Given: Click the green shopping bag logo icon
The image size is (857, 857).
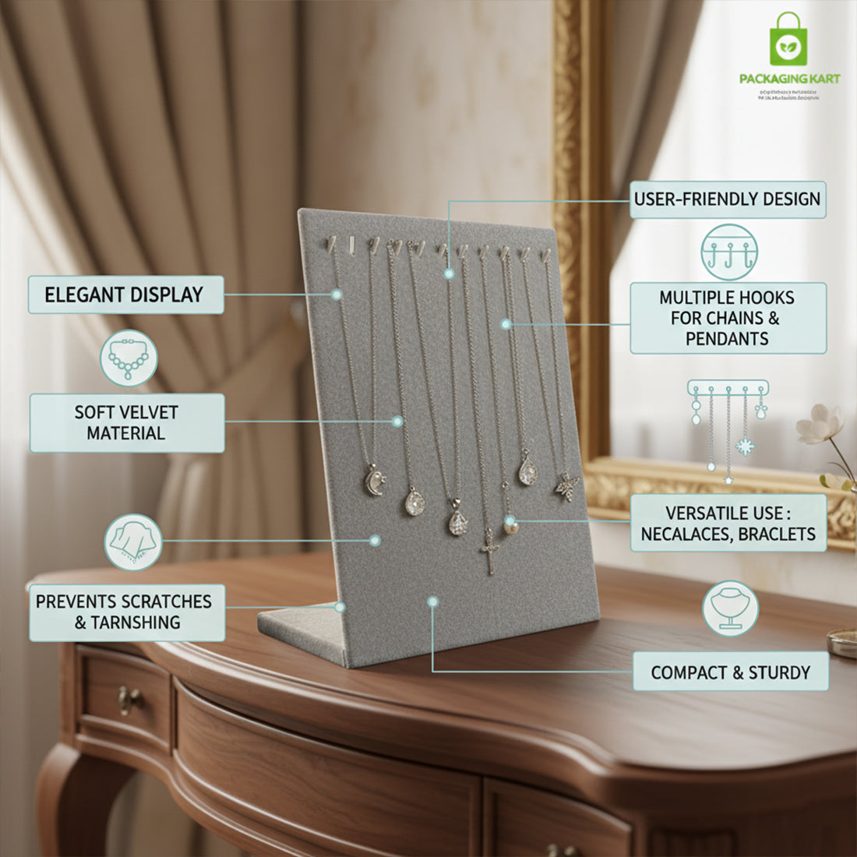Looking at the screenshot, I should pos(788,40).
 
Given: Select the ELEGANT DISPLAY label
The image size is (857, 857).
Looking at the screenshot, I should pos(125,295).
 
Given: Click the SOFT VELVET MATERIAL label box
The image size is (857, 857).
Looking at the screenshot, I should pos(127,423).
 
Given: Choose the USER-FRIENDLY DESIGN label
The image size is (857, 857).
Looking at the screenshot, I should pos(727,199).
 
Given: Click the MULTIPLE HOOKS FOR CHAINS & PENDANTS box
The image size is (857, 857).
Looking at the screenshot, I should pos(727,318).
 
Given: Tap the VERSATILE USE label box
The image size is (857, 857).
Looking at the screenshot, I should pos(728,524).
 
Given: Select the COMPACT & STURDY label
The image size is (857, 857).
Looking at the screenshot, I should pos(730,672).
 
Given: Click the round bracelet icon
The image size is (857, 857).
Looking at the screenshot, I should pos(129,358).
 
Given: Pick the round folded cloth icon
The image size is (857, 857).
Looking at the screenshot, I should pos(133,541).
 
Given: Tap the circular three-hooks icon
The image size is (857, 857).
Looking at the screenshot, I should pos(728,252).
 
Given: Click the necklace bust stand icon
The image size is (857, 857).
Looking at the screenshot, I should pos(730,608).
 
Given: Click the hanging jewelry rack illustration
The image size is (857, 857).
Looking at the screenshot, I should pos(728,428).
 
